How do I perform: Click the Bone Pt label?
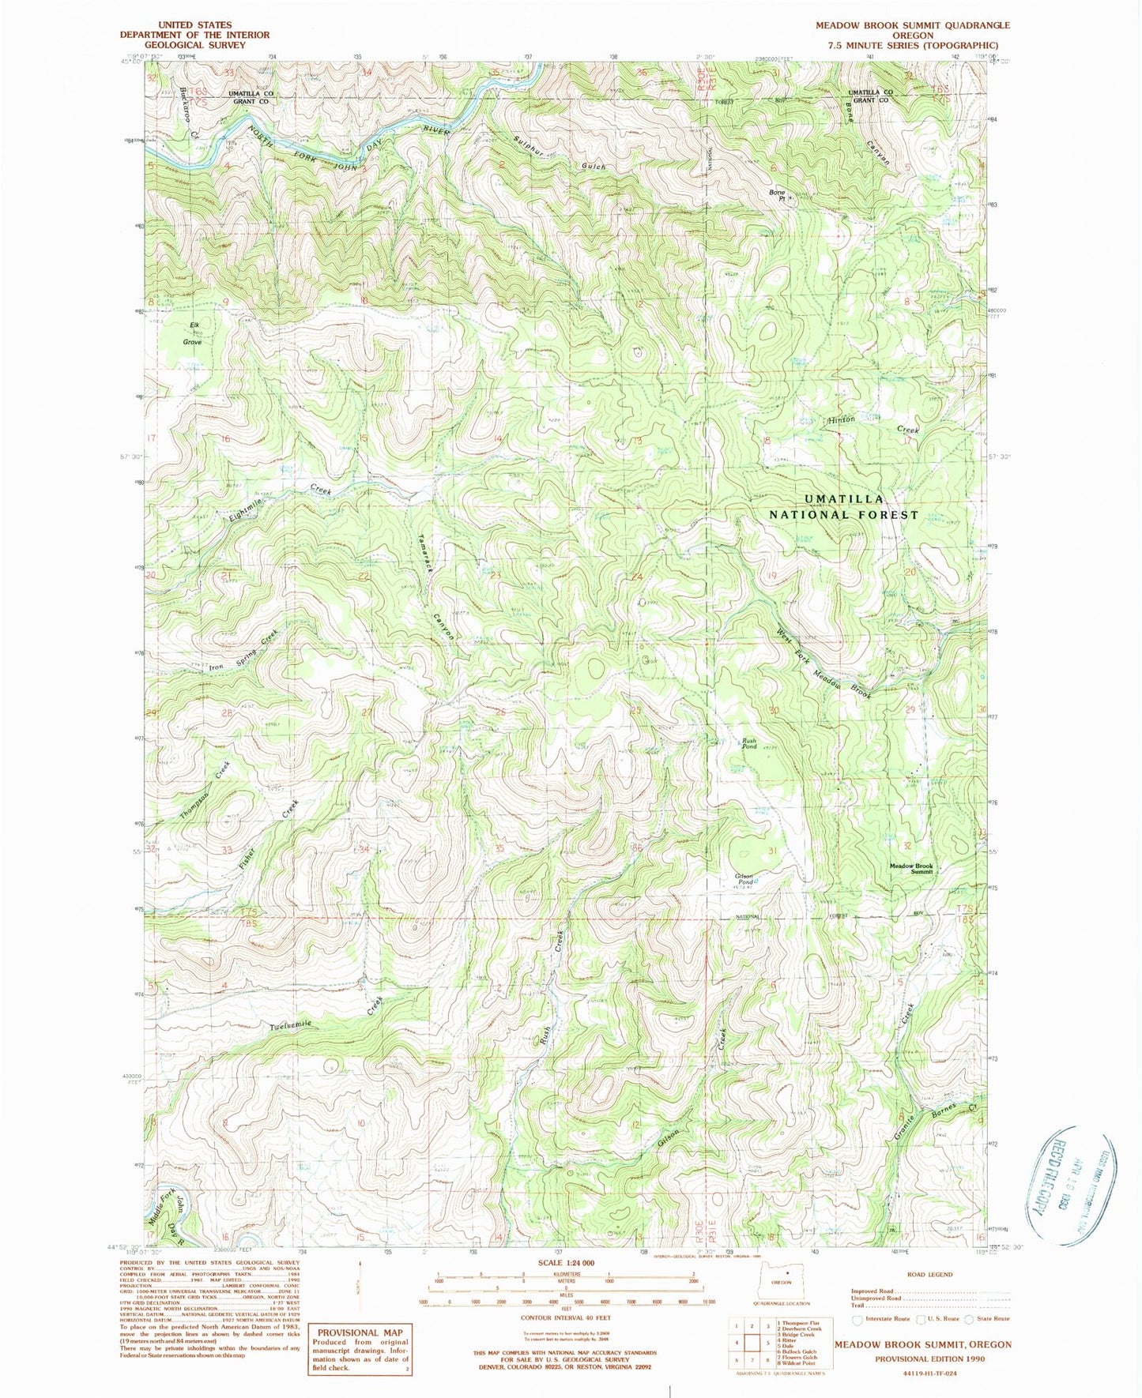(x=778, y=195)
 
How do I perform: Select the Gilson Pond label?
(x=744, y=878)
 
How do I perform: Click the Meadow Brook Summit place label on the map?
(x=911, y=869)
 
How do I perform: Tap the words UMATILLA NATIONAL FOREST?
(x=844, y=506)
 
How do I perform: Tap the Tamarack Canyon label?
(x=435, y=583)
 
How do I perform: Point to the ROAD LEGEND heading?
(x=930, y=1274)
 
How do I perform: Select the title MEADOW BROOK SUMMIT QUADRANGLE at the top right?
(x=913, y=25)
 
